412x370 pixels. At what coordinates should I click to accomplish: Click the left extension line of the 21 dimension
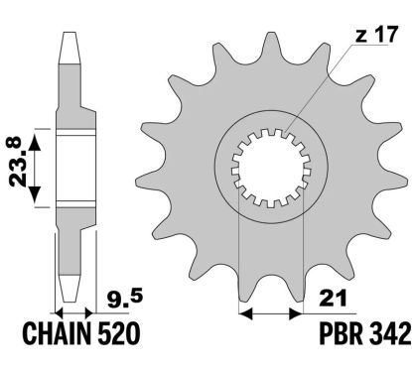click(241, 268)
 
